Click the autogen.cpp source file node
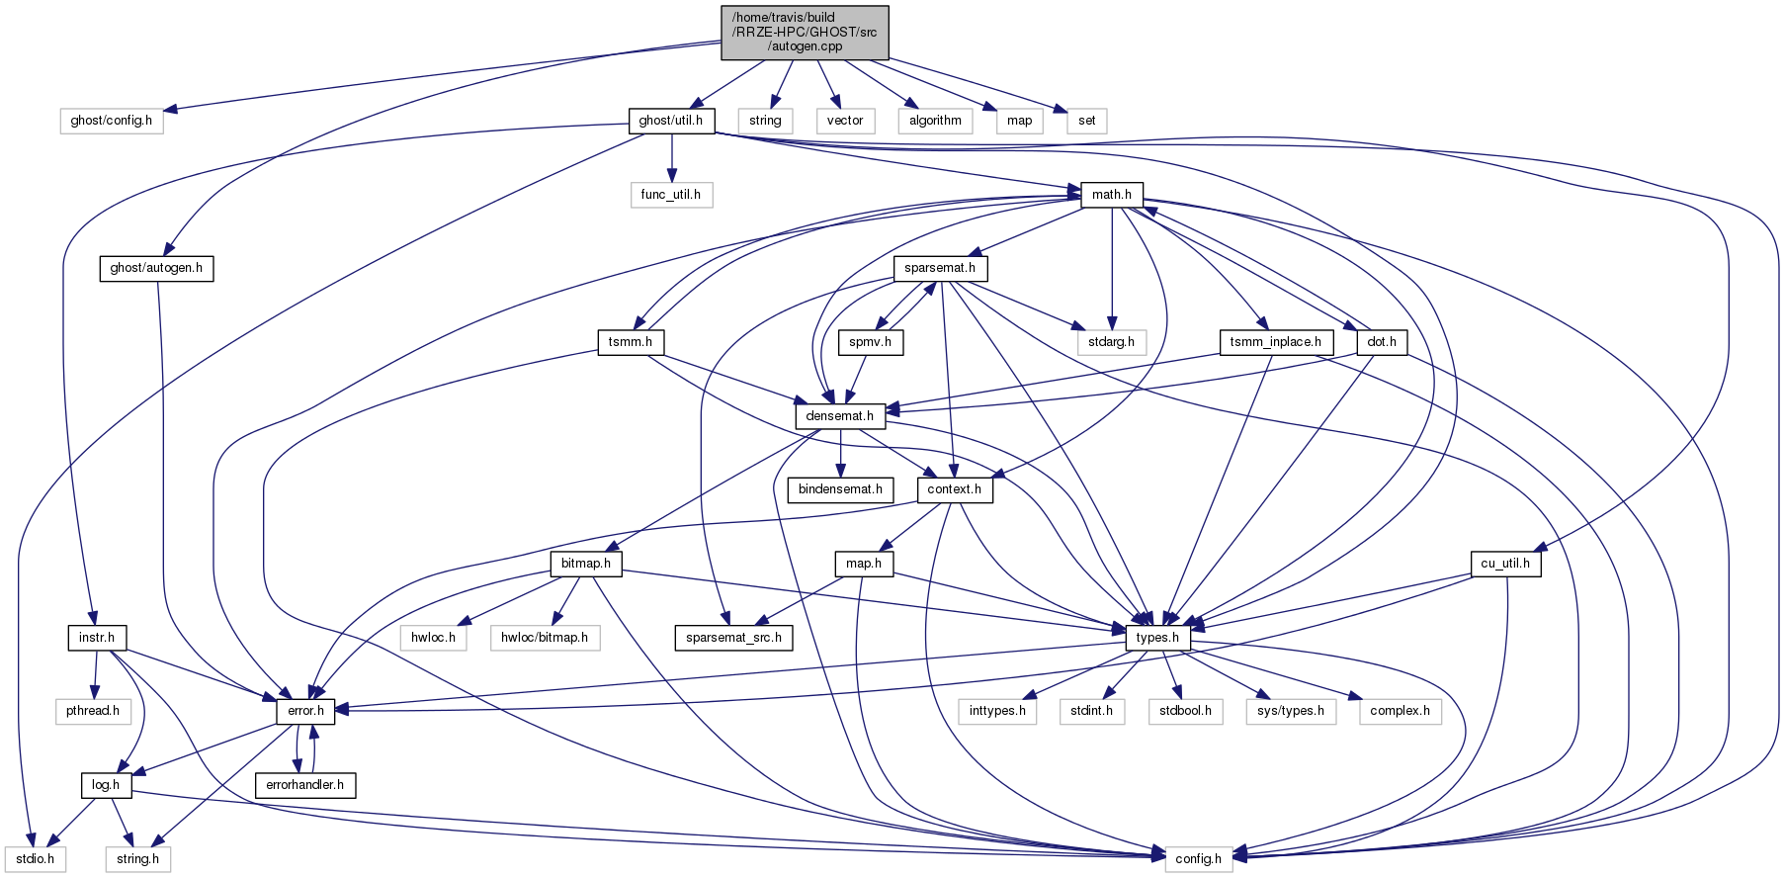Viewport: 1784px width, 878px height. click(x=805, y=32)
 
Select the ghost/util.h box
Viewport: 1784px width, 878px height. click(x=670, y=121)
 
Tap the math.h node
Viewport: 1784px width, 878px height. click(x=1111, y=194)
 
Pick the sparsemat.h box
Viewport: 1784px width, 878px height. click(x=939, y=268)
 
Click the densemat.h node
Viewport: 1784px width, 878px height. click(x=839, y=416)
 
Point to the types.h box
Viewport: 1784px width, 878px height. click(x=1156, y=638)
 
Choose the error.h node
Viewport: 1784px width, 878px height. click(x=305, y=711)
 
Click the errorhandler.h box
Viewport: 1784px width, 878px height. click(x=304, y=785)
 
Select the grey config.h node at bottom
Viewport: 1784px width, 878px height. click(x=1198, y=858)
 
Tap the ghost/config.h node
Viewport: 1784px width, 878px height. click(x=111, y=121)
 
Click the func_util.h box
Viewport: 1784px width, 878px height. click(x=670, y=194)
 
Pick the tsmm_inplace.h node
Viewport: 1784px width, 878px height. click(x=1275, y=342)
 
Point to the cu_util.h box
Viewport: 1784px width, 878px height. click(x=1504, y=564)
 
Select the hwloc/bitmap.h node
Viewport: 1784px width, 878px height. click(x=544, y=638)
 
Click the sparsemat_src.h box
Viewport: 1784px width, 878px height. click(x=733, y=638)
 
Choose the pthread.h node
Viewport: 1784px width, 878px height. click(x=93, y=711)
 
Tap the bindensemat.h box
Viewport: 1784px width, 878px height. click(x=840, y=489)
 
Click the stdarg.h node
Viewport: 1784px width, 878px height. click(x=1111, y=342)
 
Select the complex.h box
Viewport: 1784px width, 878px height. click(x=1400, y=711)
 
